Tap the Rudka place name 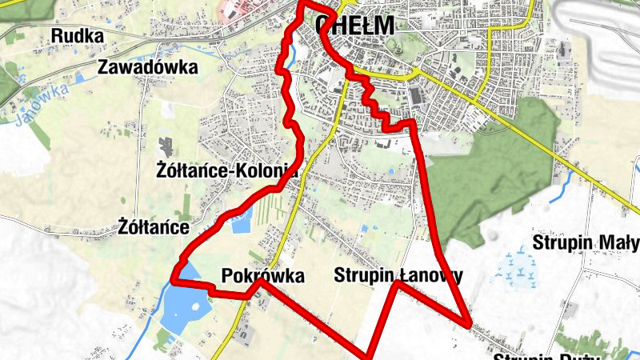tap(78, 35)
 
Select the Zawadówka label tap(147, 67)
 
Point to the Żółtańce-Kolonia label tap(227, 170)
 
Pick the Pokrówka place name tap(263, 277)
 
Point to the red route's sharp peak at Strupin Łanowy tap(397, 282)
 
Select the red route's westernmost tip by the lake tap(174, 278)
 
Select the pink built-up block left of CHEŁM tap(232, 10)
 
